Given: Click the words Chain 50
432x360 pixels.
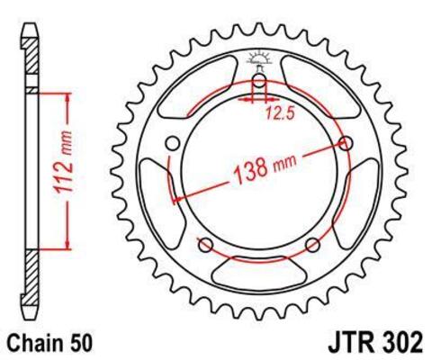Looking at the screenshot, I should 50,343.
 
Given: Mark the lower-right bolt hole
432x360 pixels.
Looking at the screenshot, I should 312,245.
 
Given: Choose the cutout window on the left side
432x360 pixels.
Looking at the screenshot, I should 162,193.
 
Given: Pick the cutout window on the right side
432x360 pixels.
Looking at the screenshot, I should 356,193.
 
